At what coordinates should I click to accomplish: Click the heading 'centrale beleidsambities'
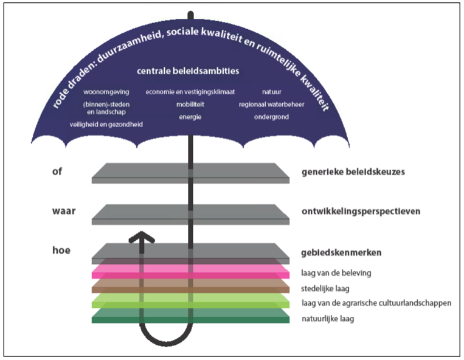click(x=187, y=71)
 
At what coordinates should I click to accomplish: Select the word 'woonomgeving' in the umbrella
click(x=103, y=92)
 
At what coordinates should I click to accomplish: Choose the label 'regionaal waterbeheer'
click(x=271, y=105)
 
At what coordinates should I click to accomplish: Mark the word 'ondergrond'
click(x=271, y=117)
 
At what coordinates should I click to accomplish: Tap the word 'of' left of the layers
click(x=58, y=171)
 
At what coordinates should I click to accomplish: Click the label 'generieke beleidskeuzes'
click(x=353, y=171)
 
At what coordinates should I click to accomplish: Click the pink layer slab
click(x=190, y=272)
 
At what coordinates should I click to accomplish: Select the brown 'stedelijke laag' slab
click(x=190, y=286)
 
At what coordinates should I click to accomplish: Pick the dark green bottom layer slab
click(x=190, y=318)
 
